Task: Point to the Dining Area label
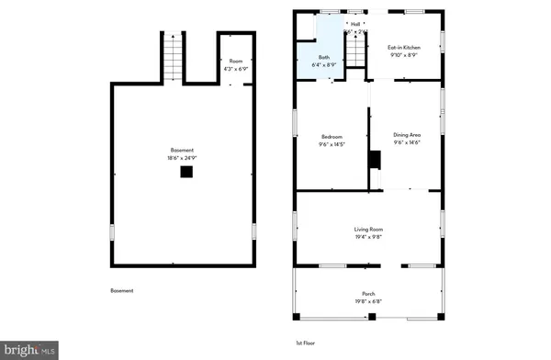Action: coord(407,134)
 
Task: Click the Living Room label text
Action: coord(368,229)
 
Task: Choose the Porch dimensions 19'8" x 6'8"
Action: coord(368,299)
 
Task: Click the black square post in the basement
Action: coord(186,172)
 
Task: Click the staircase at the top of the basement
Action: coord(172,59)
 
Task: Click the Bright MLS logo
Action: coord(29,349)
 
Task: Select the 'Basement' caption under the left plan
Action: coord(122,291)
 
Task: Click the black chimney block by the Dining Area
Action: coord(374,160)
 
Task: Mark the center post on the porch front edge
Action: coord(372,318)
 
